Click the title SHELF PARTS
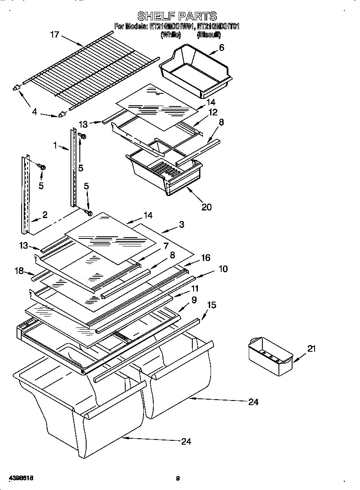pos(177,16)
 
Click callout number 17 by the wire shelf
pos(55,34)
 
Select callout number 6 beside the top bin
pos(222,48)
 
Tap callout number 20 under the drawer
pos(207,207)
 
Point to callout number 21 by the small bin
pos(312,349)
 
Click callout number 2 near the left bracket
pos(45,215)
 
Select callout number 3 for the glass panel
pos(181,224)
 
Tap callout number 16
pos(205,258)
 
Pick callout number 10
pos(223,269)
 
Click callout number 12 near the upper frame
pos(212,112)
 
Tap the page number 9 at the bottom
pos(178,479)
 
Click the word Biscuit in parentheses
pos(208,35)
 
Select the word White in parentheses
pos(171,35)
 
